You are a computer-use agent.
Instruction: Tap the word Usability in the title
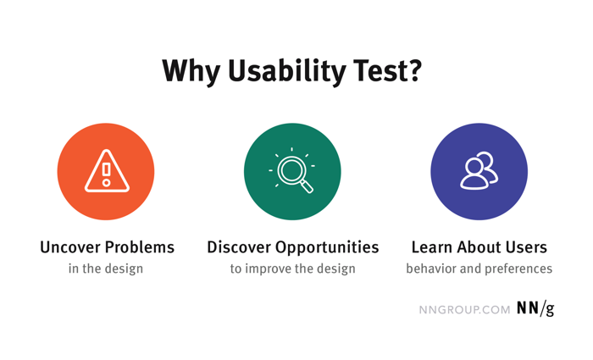[288, 71]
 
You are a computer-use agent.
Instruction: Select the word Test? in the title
[391, 71]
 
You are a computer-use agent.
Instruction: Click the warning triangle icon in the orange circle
[106, 172]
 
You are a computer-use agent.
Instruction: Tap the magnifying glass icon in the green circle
[293, 172]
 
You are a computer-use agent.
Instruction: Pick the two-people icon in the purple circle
[479, 172]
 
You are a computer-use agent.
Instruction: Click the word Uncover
[69, 247]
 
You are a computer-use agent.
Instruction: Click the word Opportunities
[330, 247]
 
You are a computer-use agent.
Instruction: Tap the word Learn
[432, 247]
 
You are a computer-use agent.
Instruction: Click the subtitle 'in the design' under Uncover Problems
[106, 269]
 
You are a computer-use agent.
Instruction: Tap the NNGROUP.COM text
[464, 309]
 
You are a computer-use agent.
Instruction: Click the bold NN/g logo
[535, 308]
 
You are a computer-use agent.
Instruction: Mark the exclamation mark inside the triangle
[106, 173]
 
